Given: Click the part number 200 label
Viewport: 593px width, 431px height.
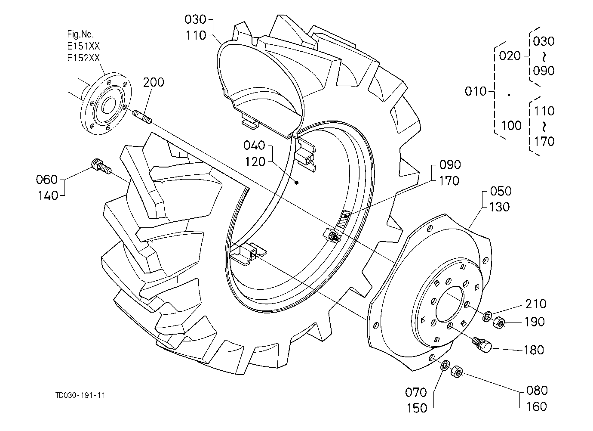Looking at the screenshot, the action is (154, 82).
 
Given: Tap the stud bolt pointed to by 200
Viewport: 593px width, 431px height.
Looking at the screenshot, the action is (142, 117).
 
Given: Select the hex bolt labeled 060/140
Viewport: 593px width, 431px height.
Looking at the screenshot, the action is (101, 167).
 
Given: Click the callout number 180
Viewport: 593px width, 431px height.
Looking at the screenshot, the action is (534, 350).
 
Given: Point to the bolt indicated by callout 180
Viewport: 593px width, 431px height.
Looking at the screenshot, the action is (482, 344).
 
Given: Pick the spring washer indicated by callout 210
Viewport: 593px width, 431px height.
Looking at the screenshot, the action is (487, 316).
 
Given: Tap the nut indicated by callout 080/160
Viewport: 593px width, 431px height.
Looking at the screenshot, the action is (457, 371).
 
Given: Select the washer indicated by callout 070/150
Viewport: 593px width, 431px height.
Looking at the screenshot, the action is (445, 365).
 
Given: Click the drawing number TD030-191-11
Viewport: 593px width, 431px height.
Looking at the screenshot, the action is (80, 395).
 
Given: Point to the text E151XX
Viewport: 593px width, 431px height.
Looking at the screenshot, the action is (83, 46).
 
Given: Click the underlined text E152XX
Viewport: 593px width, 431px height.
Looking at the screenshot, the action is (83, 58).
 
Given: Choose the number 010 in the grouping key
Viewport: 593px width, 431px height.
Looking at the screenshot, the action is (476, 91).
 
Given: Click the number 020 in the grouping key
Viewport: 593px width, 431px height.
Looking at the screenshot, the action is (510, 56).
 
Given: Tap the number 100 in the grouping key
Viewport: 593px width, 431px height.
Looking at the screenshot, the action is (511, 125).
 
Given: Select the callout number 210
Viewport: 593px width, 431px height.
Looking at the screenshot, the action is (536, 304).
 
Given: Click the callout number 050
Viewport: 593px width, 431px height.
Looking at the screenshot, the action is (501, 191).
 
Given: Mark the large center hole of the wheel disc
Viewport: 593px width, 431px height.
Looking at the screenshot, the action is (450, 304).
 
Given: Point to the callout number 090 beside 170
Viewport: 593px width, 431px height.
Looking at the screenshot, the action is (450, 164).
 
